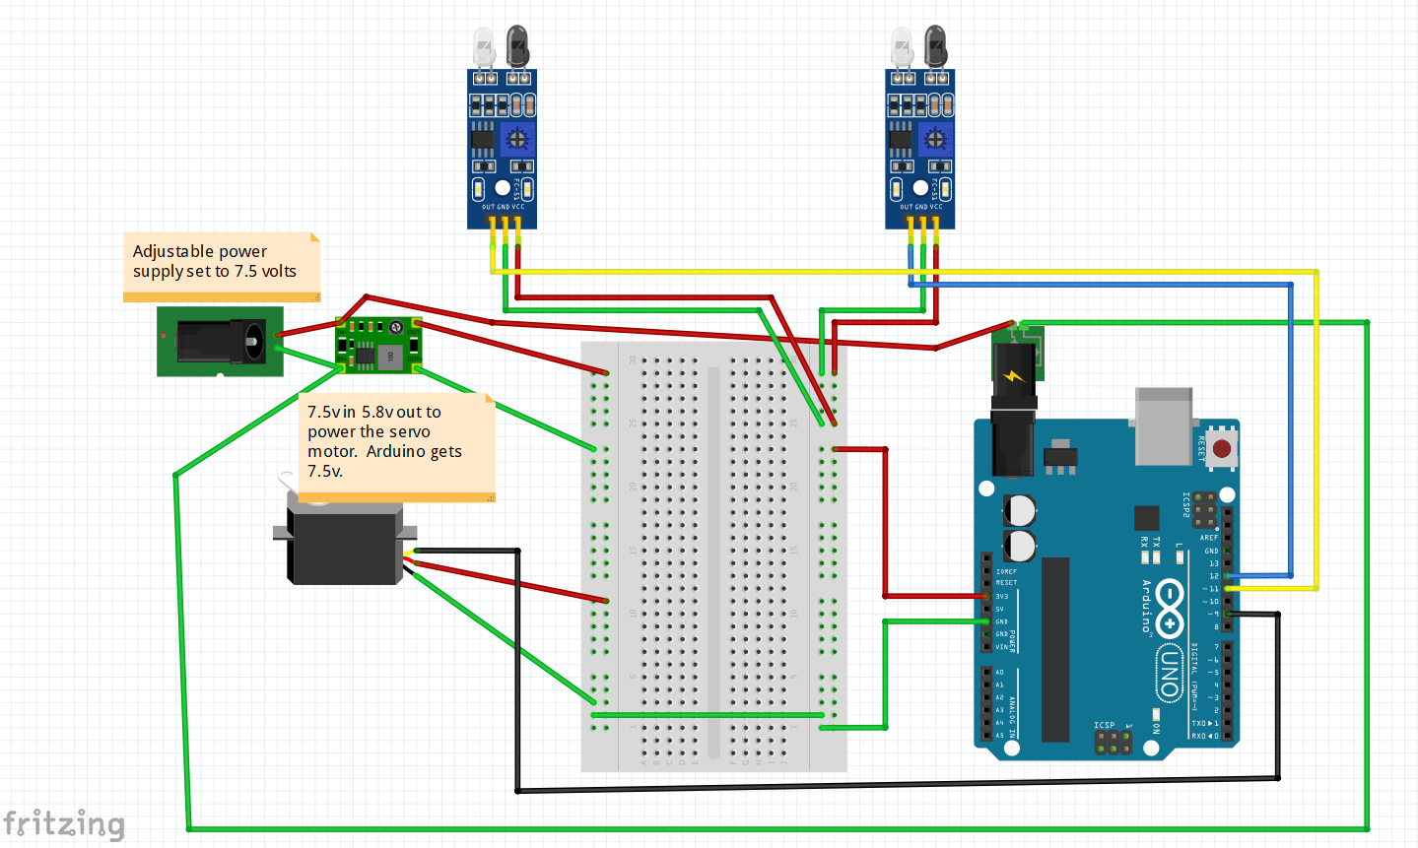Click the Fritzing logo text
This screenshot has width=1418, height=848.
click(x=64, y=823)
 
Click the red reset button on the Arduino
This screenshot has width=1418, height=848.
click(x=1222, y=449)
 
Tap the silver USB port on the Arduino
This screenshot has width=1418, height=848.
click(x=1163, y=425)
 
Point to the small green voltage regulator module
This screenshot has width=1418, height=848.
click(x=378, y=345)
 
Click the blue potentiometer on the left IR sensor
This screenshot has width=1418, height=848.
click(x=517, y=139)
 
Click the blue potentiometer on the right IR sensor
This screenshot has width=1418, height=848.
click(x=936, y=139)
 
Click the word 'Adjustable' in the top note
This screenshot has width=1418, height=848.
click(x=168, y=252)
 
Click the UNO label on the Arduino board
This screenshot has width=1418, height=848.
click(x=1169, y=673)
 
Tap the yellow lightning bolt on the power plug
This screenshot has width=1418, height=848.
click(x=1014, y=375)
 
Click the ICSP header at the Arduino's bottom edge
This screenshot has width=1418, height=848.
click(x=1113, y=743)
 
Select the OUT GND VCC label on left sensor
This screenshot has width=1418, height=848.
click(x=503, y=207)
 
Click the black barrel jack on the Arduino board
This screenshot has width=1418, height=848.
click(x=1012, y=443)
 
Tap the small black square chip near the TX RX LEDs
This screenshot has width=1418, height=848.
click(x=1146, y=518)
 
